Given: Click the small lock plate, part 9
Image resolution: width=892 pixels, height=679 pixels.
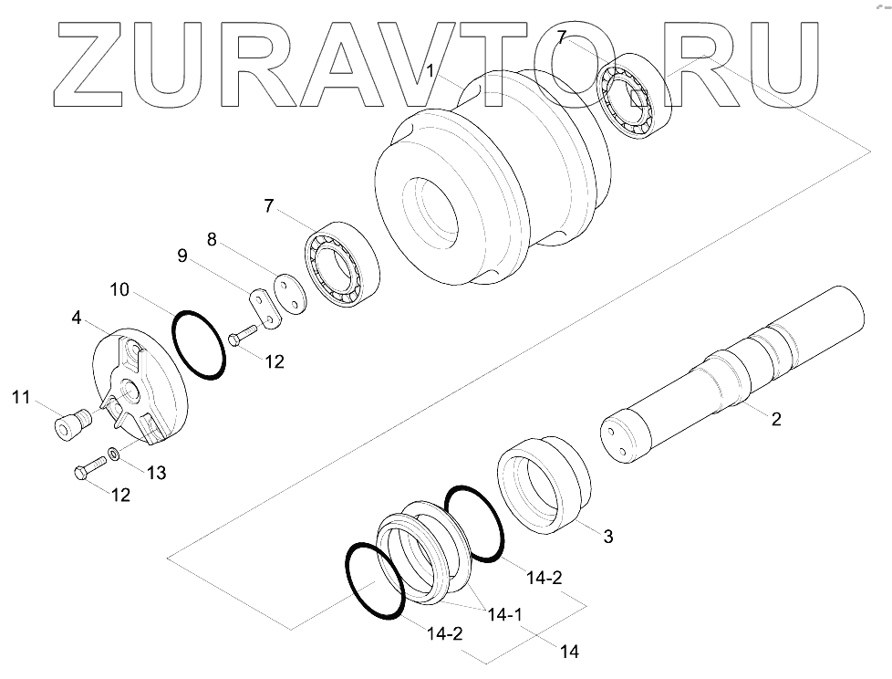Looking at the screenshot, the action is coord(264,307).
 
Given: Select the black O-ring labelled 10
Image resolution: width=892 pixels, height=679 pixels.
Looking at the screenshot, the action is coord(197,345).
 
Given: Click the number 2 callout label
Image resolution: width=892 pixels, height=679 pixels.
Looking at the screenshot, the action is coord(775,420).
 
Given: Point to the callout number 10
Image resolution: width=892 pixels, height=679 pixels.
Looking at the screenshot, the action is coord(119,291).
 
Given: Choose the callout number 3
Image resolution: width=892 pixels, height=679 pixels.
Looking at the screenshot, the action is coord(607,536).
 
